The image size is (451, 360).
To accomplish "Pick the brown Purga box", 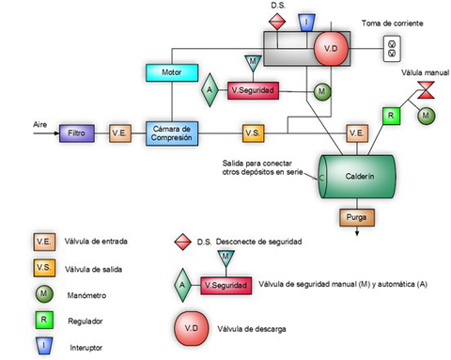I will pos(357,218).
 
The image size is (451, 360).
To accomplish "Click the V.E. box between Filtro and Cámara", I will pos(120,133).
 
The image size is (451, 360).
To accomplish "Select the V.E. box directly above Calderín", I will pos(356,133).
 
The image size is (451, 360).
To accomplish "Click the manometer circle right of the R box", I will pos(427,115).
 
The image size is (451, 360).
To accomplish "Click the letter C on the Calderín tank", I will pos(322,177).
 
